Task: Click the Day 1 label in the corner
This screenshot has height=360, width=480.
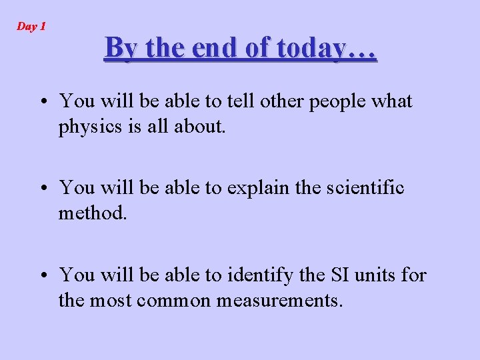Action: pos(31,27)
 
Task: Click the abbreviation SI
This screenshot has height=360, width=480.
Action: pos(340,275)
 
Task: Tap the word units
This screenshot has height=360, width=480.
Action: pos(377,275)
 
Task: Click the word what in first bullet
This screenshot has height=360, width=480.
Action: pos(391,101)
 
